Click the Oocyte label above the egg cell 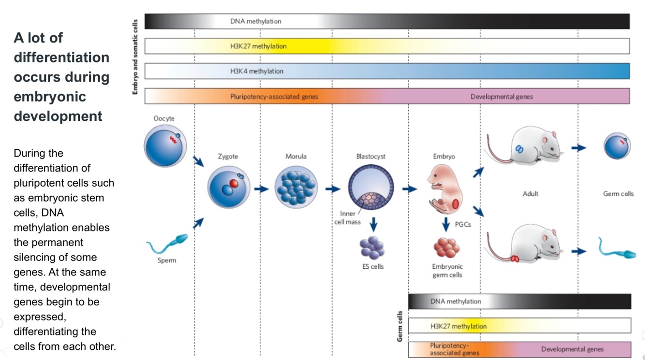[164, 118]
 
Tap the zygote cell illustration [229, 187]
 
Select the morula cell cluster [296, 187]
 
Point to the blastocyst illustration [371, 187]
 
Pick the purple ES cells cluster [372, 247]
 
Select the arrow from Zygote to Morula [262, 188]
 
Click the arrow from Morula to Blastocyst [333, 188]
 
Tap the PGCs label [463, 224]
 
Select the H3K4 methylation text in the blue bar [257, 71]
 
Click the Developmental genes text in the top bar [501, 97]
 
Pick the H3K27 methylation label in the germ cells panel [458, 326]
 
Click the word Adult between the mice [530, 194]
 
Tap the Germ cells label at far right [618, 194]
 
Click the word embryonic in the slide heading [50, 97]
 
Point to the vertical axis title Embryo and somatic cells [135, 57]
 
